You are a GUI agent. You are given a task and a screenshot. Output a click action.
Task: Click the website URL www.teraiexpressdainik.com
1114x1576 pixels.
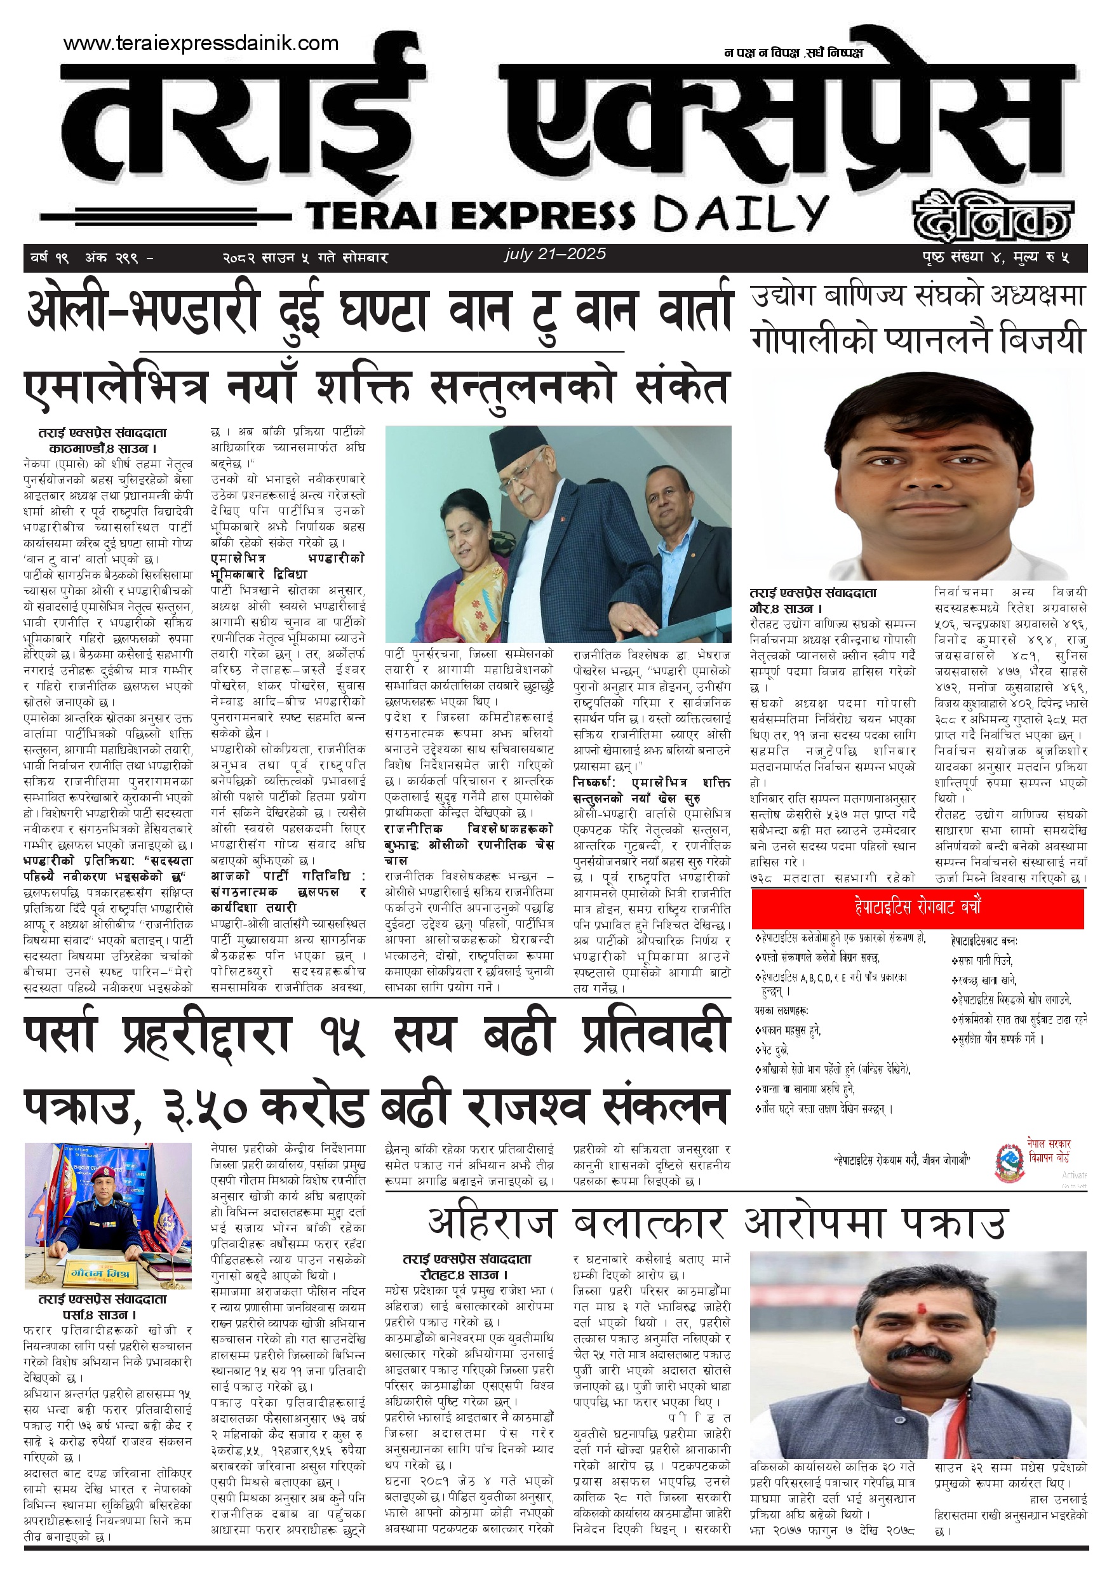click(201, 43)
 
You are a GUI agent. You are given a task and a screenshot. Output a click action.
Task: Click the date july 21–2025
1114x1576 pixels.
click(554, 254)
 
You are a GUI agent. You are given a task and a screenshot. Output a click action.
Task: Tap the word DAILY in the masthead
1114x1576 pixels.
click(741, 213)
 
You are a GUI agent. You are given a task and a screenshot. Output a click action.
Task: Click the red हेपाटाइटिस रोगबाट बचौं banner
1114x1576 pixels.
click(917, 908)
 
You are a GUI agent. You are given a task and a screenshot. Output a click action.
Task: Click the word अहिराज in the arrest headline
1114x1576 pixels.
click(492, 1225)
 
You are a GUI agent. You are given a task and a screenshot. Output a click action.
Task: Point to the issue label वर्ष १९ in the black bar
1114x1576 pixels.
click(50, 258)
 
